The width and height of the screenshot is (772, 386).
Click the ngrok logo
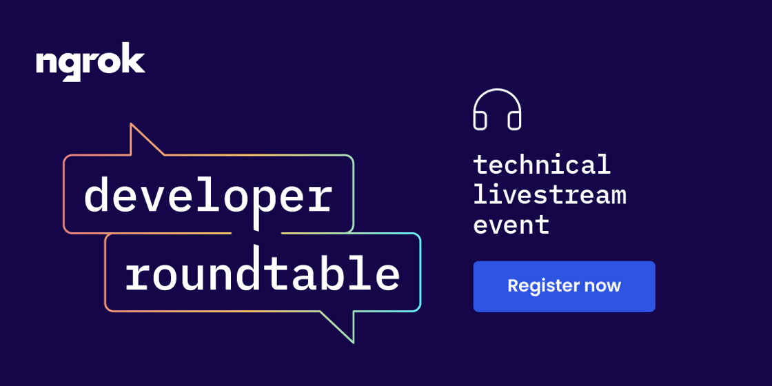90,62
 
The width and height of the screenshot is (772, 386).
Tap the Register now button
565,287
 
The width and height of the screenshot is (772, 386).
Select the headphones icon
497,110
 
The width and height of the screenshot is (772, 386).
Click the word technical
542,164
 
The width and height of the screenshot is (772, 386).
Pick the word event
511,224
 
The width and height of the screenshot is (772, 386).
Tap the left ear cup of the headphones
480,121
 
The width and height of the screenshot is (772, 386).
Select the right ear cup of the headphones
514,121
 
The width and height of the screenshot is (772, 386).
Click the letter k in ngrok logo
134,58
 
